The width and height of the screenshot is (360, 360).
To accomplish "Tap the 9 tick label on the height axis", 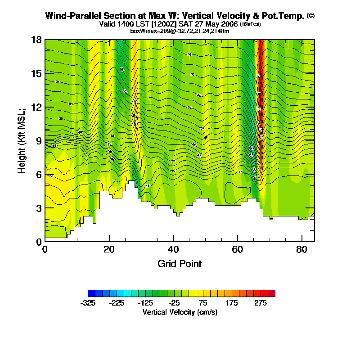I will pos(39,141).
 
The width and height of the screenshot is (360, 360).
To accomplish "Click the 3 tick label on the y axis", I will pos(39,208).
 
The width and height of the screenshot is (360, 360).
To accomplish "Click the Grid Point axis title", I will pos(180,264).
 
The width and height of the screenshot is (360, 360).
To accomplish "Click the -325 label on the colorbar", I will pos(88,303).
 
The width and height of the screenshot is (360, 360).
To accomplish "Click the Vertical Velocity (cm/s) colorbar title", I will pos(180,312).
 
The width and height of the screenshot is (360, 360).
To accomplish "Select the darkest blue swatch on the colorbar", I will pos(91,293).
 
